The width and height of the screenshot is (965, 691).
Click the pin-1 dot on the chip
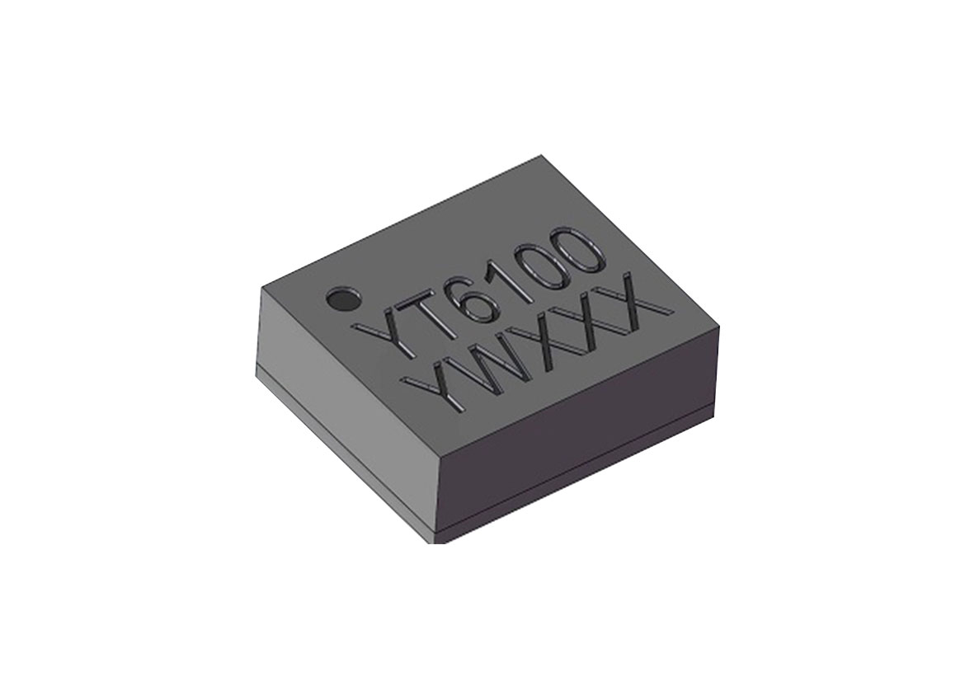click(x=343, y=299)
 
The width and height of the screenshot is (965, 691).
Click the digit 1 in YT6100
click(x=515, y=277)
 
